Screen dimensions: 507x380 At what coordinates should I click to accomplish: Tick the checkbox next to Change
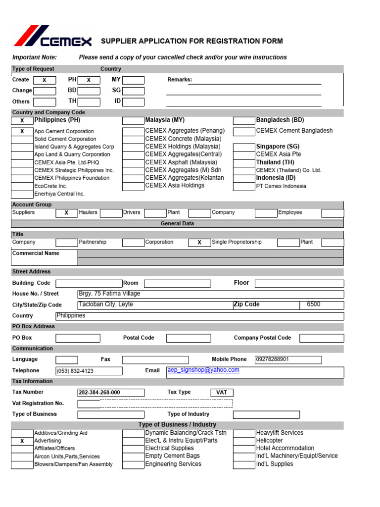[45, 91]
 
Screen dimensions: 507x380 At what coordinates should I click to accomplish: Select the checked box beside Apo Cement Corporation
[22, 131]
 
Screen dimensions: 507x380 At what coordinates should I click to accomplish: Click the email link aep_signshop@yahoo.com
[203, 370]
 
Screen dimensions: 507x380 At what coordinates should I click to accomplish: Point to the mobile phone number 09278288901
[273, 359]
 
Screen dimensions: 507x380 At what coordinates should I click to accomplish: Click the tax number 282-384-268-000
[99, 393]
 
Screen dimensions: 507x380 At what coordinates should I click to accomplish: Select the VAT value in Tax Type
[222, 393]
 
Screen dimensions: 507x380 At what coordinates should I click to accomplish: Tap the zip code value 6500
[313, 304]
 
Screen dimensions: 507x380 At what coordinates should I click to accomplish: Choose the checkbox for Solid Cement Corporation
[22, 139]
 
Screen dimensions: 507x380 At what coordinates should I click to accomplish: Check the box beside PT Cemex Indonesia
[244, 186]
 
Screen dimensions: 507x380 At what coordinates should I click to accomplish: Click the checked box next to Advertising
[22, 441]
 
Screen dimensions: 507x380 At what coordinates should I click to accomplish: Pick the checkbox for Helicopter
[244, 441]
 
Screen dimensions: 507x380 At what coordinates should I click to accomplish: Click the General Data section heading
[177, 224]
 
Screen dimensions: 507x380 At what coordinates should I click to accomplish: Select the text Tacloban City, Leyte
[106, 304]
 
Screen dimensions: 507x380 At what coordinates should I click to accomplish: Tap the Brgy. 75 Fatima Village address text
[109, 294]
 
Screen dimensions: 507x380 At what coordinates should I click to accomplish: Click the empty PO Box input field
[78, 338]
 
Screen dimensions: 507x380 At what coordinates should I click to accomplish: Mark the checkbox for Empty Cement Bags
[133, 456]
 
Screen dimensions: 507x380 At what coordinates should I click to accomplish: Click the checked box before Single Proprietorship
[199, 243]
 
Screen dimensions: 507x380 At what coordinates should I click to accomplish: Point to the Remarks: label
[180, 80]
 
